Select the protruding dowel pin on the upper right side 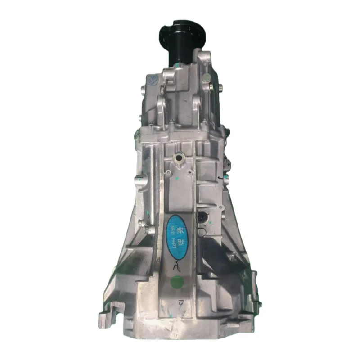[x=220, y=87]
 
